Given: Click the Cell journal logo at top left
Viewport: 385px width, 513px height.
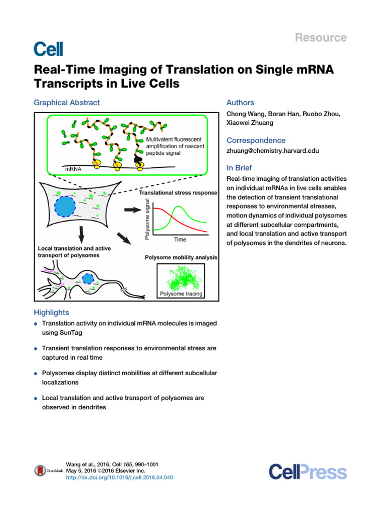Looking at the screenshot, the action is [x=48, y=49].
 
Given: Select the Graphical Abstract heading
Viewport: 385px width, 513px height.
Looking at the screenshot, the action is [x=67, y=103].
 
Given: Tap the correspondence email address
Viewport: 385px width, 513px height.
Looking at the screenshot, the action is [x=272, y=150].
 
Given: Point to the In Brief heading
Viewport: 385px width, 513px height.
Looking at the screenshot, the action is [x=239, y=168].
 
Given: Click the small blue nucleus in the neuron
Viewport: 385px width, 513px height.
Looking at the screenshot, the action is [x=88, y=279].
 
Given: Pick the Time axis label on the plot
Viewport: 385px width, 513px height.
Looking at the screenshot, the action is [x=180, y=239].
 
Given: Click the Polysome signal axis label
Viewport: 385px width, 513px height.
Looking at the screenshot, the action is [x=147, y=217].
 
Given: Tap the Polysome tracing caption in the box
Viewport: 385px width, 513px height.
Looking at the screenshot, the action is [x=181, y=294].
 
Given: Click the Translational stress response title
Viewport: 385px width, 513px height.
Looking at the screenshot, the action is [x=178, y=193].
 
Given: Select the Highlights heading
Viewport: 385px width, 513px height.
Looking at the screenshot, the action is [x=51, y=313].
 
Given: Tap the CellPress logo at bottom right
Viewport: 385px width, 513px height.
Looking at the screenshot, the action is [x=307, y=472].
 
